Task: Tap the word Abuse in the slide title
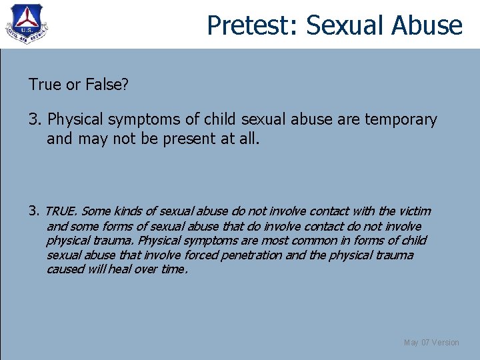(427, 25)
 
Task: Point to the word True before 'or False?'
(44, 85)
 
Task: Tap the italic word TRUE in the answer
(61, 211)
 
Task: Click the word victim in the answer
(414, 211)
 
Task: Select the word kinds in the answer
(127, 211)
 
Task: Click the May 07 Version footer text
(431, 343)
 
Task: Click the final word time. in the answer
(175, 270)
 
